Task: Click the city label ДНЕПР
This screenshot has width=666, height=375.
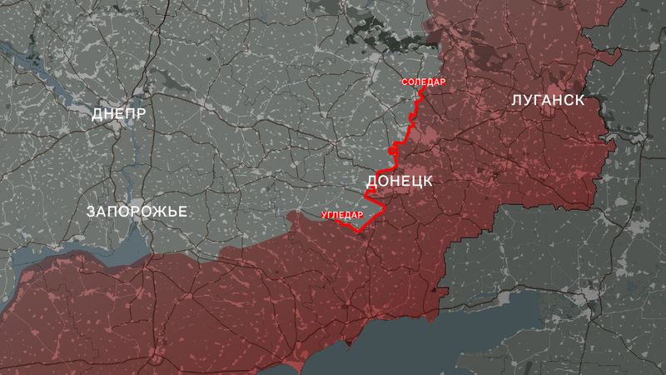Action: click(x=119, y=113)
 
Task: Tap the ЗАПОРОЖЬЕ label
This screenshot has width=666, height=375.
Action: click(x=137, y=212)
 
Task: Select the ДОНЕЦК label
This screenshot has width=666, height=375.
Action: click(x=398, y=181)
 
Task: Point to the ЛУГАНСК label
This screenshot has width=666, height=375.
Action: click(x=546, y=100)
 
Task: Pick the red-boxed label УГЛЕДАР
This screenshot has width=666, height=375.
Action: click(x=342, y=216)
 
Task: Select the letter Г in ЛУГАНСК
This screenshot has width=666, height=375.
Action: click(x=534, y=100)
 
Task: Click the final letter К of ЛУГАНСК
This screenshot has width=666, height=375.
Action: click(x=578, y=100)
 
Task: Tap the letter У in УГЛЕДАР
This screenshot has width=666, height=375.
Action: click(x=323, y=216)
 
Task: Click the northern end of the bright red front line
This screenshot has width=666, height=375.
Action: click(x=421, y=89)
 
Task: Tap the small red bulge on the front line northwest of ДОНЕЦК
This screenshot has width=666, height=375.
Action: click(x=392, y=150)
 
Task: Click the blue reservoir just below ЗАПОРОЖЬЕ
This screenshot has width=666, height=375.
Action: click(x=125, y=246)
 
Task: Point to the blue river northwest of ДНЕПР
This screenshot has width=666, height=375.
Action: click(x=33, y=62)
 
